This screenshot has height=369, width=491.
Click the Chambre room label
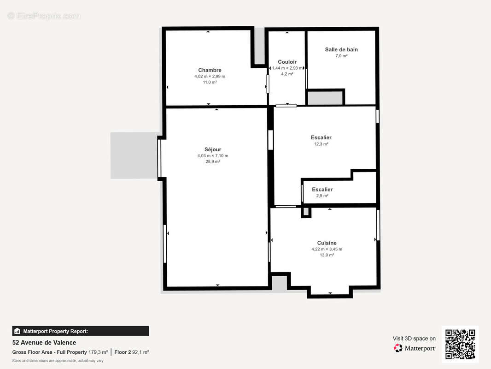(210, 70)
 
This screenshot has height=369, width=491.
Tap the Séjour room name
(213, 149)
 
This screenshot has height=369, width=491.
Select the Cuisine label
(327, 243)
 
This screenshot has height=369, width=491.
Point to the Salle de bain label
(341, 49)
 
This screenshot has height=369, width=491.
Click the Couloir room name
(287, 62)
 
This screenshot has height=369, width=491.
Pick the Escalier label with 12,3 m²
(321, 137)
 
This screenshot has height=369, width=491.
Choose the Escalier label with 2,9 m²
(322, 190)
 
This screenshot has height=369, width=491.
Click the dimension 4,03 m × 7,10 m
(213, 156)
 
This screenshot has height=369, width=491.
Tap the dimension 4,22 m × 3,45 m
(327, 249)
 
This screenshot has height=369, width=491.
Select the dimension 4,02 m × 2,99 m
(210, 77)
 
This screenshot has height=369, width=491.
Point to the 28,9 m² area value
(213, 162)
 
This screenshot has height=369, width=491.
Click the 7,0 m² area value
(341, 56)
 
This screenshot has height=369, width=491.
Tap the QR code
(460, 344)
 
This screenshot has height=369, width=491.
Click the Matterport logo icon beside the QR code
(398, 348)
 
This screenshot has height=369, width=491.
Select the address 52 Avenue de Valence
(44, 343)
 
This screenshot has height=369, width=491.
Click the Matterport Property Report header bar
(81, 331)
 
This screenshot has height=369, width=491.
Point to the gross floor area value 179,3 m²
(98, 352)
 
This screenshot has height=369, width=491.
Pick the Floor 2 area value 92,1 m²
(140, 352)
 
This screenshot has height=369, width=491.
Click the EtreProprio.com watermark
(44, 16)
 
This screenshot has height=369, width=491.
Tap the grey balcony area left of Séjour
(134, 155)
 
